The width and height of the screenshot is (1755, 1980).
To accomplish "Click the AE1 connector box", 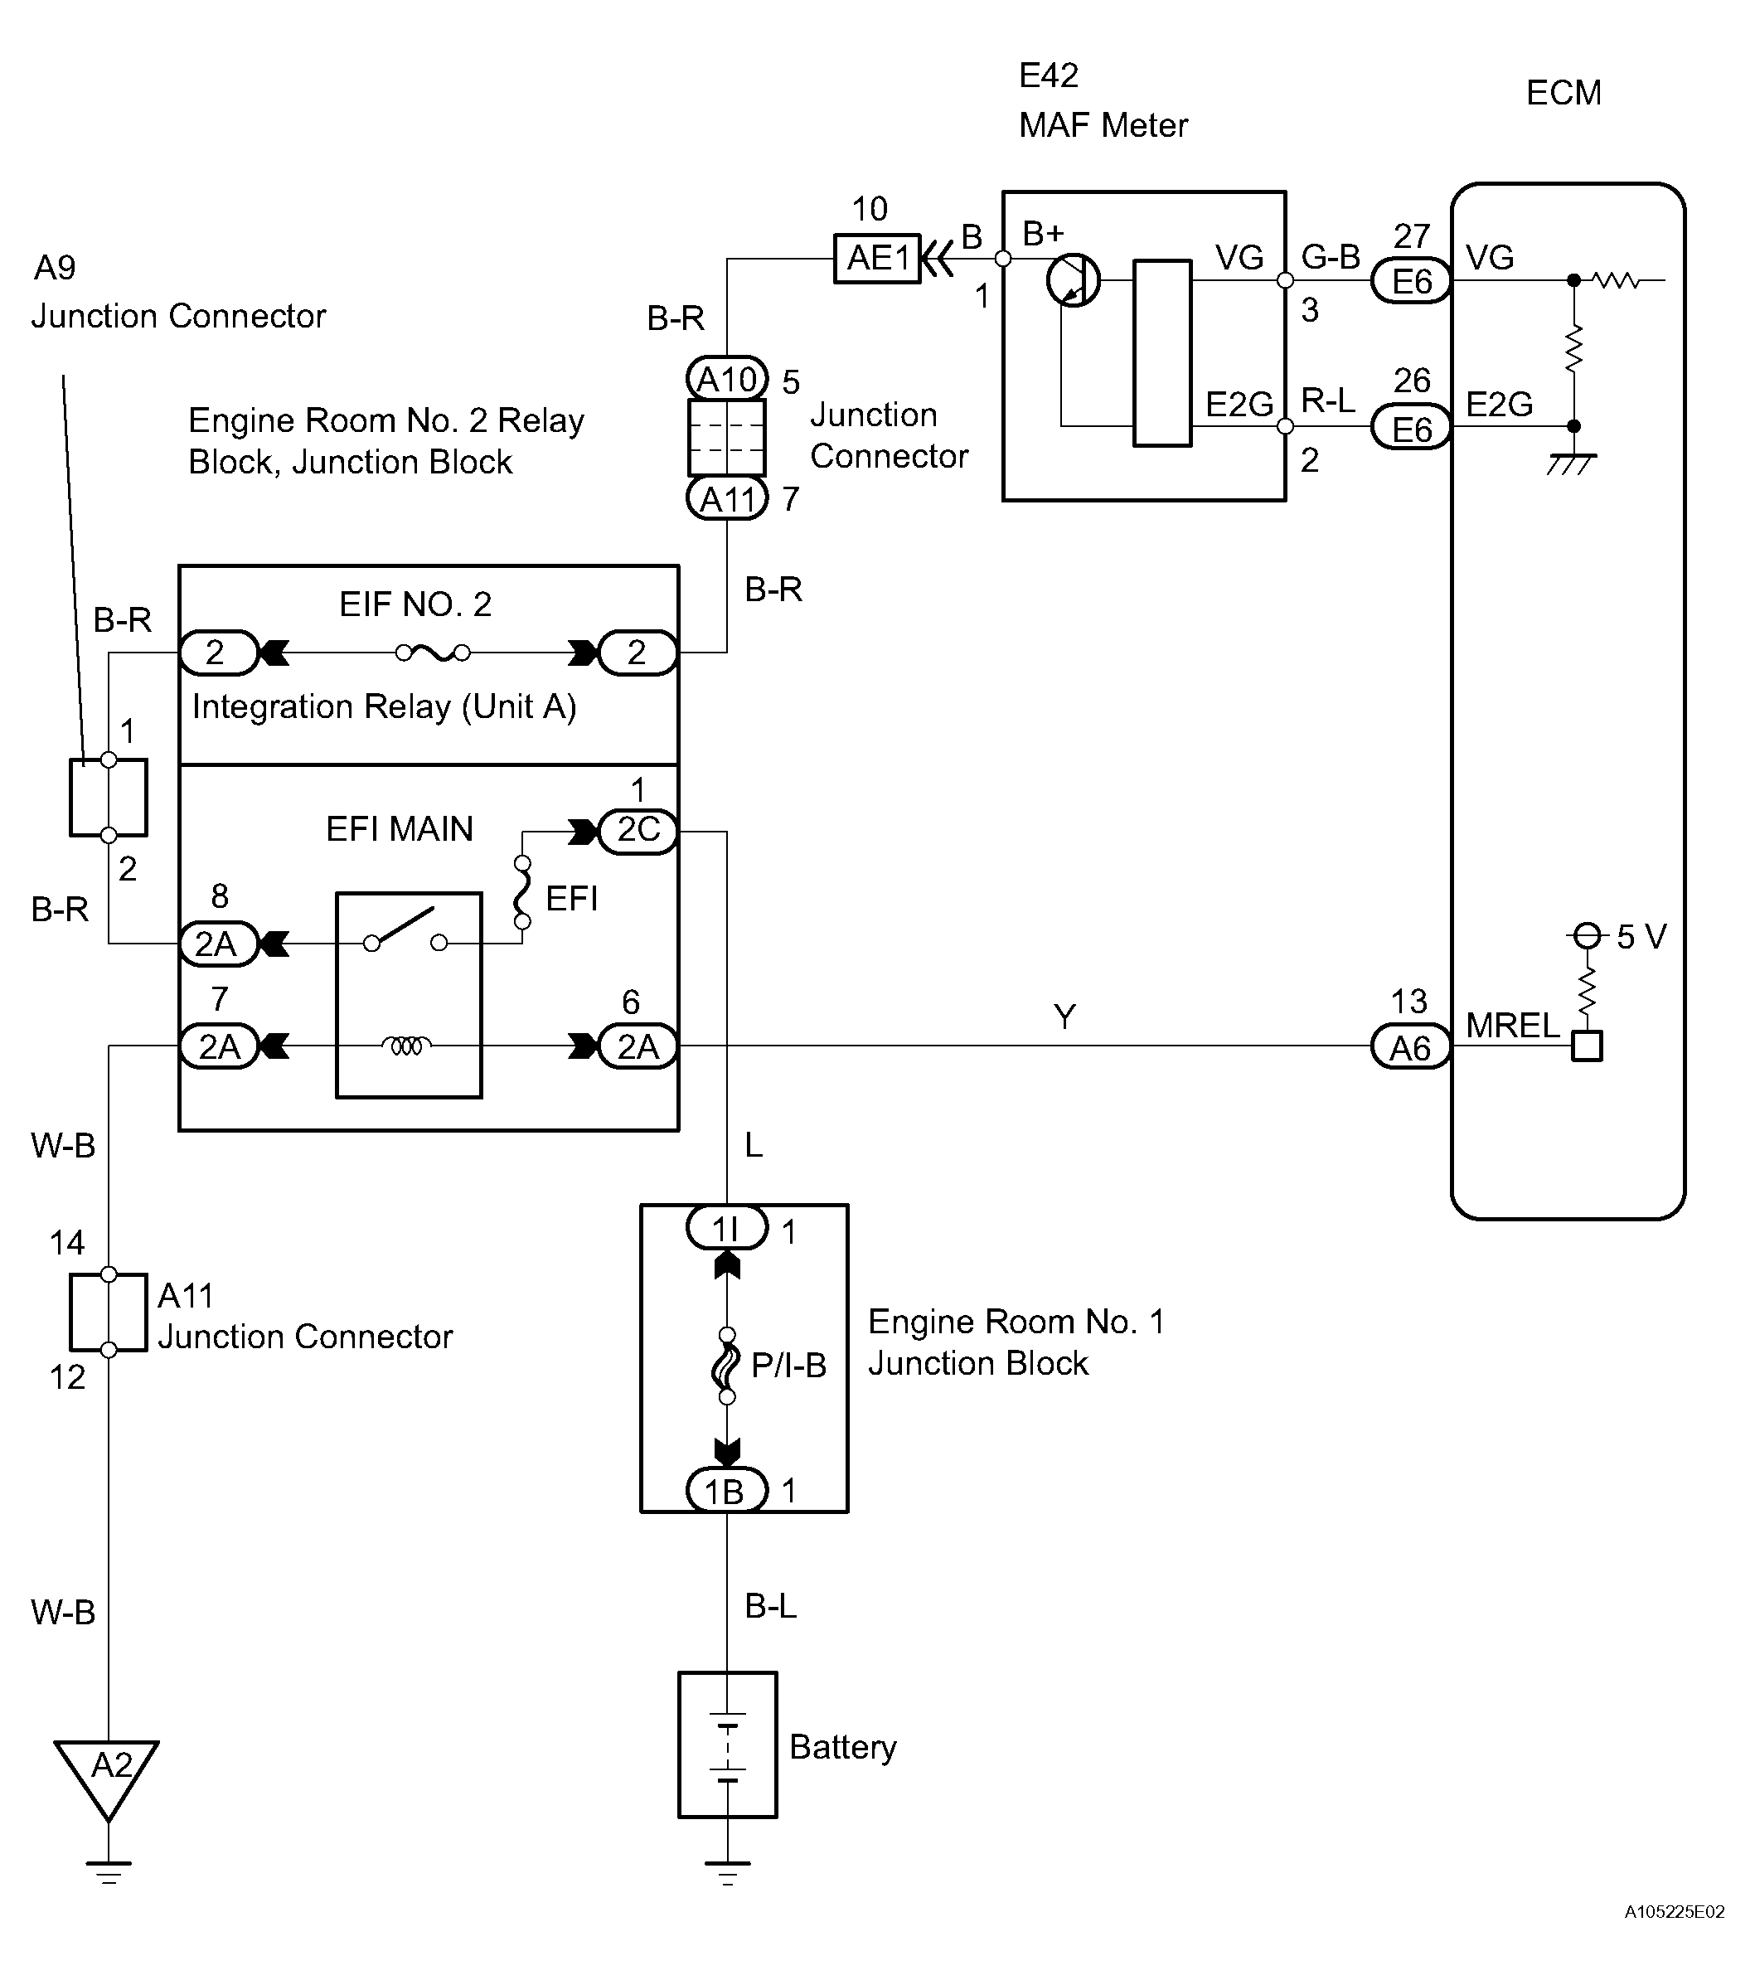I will click(x=877, y=259).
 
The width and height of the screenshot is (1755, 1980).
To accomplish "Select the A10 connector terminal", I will click(x=726, y=379).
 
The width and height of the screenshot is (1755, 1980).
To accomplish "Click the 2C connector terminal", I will click(x=638, y=830).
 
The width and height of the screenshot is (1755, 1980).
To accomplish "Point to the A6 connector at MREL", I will click(x=1410, y=1047).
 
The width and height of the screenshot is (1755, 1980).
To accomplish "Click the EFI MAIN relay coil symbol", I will click(x=407, y=1046).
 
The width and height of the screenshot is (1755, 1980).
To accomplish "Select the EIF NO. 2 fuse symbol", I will click(x=433, y=653).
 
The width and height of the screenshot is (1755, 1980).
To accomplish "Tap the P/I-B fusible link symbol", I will click(x=726, y=1366).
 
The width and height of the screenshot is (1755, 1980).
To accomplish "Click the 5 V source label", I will click(x=1641, y=937).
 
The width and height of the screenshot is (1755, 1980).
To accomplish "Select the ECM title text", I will click(x=1564, y=93).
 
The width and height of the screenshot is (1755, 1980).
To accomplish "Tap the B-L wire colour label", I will click(x=771, y=1605).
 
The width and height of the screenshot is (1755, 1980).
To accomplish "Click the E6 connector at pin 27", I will click(x=1411, y=282).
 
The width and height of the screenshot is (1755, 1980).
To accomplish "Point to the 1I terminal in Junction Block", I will click(x=726, y=1230).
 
